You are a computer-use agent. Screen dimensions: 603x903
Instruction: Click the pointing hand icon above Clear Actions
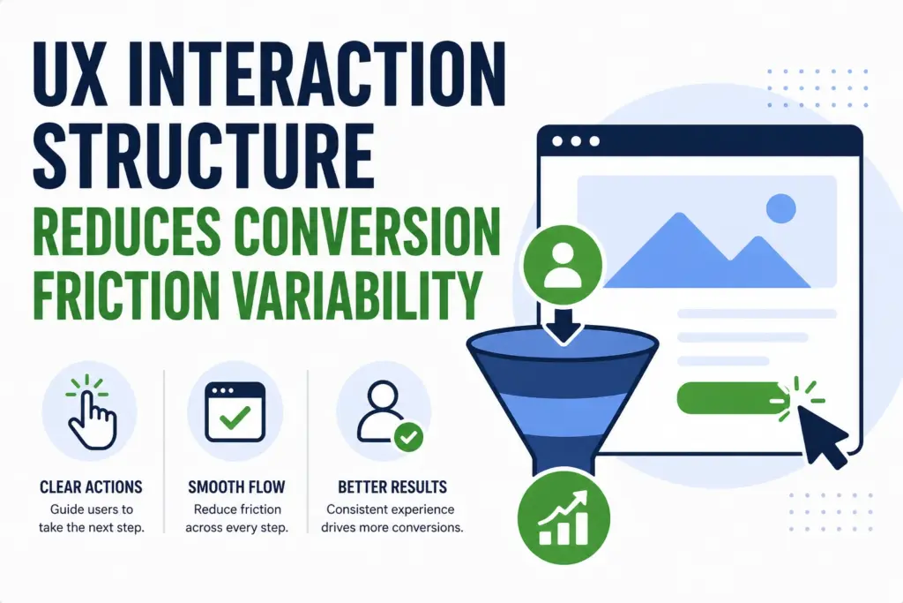coord(90,411)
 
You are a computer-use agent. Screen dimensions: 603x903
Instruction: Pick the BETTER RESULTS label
coord(392,487)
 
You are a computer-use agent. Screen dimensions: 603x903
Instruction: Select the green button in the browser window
coord(728,397)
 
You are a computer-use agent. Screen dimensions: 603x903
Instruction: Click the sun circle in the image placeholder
coord(781,208)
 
